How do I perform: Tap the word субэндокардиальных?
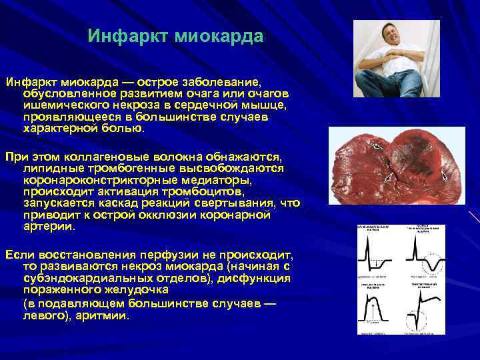click(85, 279)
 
